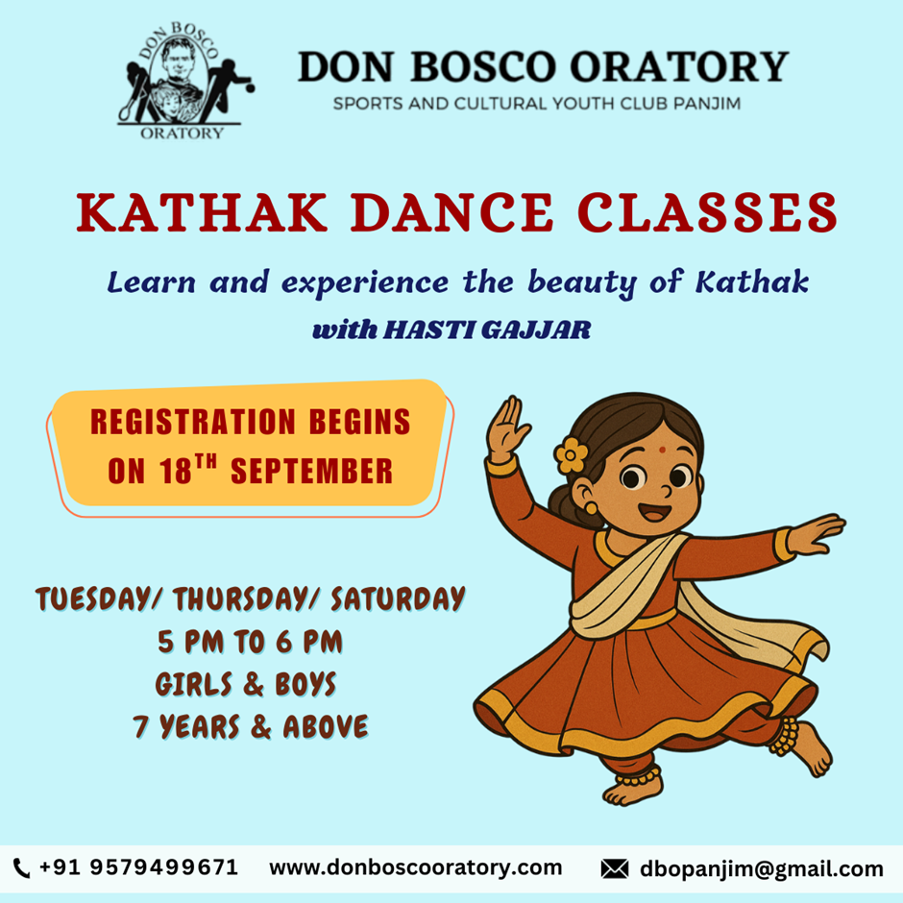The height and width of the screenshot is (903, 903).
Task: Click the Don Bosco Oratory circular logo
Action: tap(184, 81)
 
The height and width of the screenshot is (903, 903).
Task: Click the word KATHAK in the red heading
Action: tap(202, 212)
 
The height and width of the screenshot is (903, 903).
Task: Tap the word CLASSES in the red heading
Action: tap(707, 212)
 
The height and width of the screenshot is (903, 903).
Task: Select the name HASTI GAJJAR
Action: tap(487, 330)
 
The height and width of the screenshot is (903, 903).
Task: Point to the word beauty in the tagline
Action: tap(581, 283)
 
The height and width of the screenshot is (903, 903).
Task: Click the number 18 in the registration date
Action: tap(176, 471)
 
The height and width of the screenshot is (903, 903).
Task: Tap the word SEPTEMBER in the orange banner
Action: tap(311, 471)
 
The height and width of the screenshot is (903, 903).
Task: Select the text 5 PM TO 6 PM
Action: tap(250, 642)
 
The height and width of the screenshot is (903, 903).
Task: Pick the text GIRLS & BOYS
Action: tap(245, 684)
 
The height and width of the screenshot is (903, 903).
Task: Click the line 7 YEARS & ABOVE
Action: tap(250, 727)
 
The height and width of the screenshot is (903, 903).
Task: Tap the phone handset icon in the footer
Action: tap(21, 867)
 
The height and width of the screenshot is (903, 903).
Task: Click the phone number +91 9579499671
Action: tap(138, 867)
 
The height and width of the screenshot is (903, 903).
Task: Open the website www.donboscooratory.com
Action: tap(415, 867)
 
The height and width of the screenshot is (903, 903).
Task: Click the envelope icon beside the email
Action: tap(615, 868)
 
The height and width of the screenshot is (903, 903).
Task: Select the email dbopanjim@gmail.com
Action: tap(762, 869)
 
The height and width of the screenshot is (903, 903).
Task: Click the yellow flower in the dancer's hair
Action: tap(571, 455)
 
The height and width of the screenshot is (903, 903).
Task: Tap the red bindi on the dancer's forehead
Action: tap(662, 450)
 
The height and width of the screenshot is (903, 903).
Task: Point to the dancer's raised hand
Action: tap(507, 427)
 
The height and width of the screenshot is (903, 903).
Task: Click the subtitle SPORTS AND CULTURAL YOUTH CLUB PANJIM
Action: tap(537, 105)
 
